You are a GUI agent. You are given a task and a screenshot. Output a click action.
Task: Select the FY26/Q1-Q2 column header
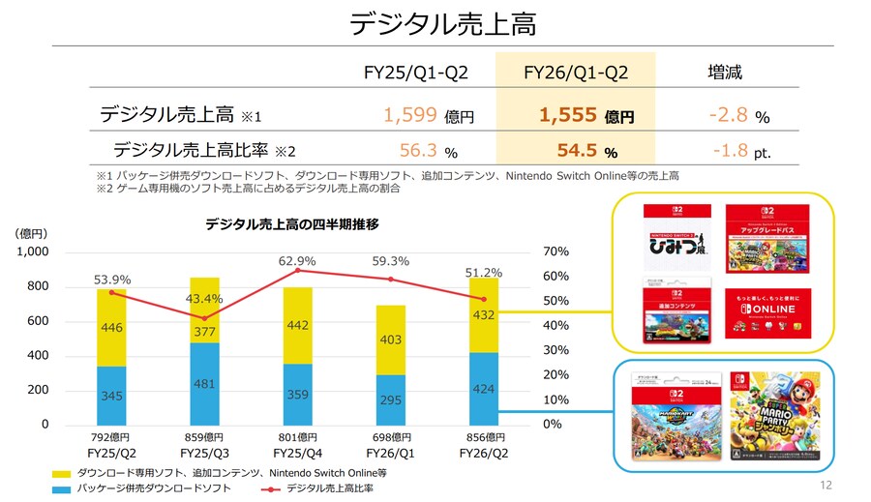pyautogui.click(x=576, y=73)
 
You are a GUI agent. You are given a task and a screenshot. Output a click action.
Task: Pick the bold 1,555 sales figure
pyautogui.click(x=568, y=116)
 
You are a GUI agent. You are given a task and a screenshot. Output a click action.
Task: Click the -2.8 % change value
pyautogui.click(x=728, y=116)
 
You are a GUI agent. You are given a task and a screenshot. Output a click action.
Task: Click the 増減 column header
pyautogui.click(x=726, y=73)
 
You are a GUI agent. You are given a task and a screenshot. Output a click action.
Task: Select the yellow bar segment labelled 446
pyautogui.click(x=111, y=328)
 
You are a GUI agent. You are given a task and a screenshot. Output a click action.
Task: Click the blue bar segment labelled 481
pyautogui.click(x=204, y=383)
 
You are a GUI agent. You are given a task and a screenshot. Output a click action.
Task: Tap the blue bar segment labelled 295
pyautogui.click(x=391, y=399)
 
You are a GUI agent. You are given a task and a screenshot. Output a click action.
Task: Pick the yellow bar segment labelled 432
pyautogui.click(x=484, y=315)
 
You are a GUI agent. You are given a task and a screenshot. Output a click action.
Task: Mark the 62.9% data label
pyautogui.click(x=297, y=261)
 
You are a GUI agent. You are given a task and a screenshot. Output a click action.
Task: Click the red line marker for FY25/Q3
pyautogui.click(x=204, y=318)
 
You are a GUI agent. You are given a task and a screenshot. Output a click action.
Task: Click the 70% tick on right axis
pyautogui.click(x=557, y=251)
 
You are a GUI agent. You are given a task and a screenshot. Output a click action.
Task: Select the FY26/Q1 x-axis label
pyautogui.click(x=391, y=453)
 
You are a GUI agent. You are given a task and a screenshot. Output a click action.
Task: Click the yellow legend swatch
pyautogui.click(x=61, y=473)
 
